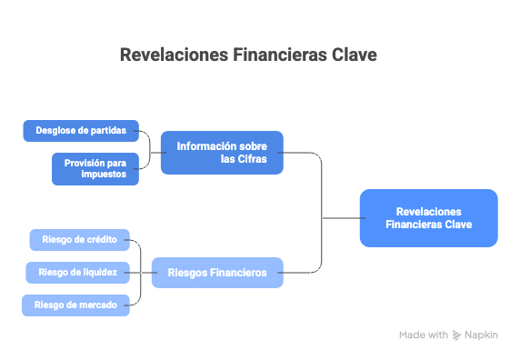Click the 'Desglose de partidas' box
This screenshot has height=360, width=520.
[81, 131]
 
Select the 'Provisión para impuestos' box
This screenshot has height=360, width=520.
[95, 169]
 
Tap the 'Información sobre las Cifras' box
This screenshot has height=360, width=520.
[222, 153]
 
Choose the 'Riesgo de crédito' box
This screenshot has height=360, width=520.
[80, 240]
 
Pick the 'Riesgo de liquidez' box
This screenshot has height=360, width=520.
[77, 273]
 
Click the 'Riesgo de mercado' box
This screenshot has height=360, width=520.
[75, 305]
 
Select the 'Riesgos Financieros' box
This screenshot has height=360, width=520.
[217, 273]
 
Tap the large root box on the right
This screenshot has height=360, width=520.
[428, 218]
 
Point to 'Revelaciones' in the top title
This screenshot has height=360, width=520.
[175, 55]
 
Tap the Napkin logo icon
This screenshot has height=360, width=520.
[456, 335]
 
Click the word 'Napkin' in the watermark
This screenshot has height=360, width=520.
[481, 335]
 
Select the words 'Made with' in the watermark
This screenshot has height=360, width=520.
[424, 335]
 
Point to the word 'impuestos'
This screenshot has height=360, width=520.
[104, 175]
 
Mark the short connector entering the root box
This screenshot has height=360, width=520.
[344, 218]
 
